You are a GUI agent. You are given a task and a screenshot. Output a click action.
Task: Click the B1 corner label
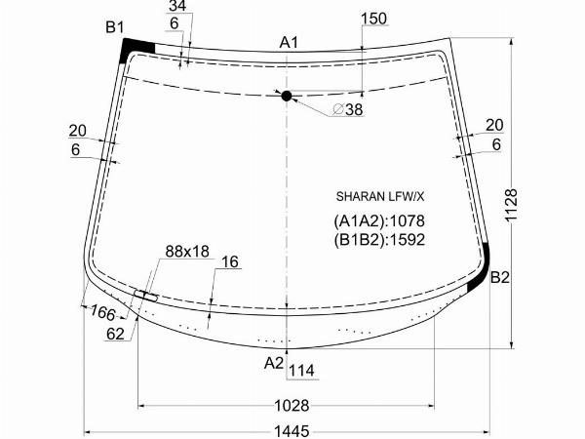(x=114, y=27)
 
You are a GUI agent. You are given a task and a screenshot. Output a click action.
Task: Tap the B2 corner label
(x=499, y=277)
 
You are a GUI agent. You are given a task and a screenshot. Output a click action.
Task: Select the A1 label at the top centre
(x=289, y=43)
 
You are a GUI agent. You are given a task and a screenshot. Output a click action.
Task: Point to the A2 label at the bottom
(x=274, y=363)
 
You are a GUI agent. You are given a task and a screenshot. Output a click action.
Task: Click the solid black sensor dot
(x=286, y=96)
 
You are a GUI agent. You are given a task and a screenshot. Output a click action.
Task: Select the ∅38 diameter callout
(x=347, y=109)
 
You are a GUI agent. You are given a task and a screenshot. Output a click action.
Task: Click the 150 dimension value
(x=374, y=19)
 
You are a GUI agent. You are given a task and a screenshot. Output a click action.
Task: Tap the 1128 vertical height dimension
(x=511, y=205)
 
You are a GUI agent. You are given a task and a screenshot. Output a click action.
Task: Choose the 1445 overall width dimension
(x=292, y=431)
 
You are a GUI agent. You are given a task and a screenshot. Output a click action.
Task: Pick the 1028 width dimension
(x=292, y=405)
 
